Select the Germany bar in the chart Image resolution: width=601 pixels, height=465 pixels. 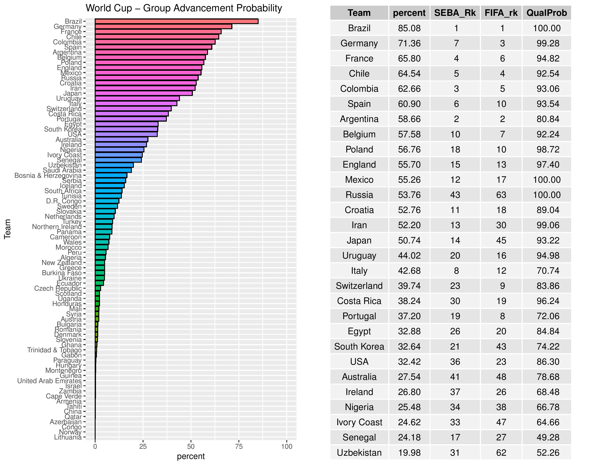(164, 26)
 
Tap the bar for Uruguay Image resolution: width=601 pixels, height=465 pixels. (137, 98)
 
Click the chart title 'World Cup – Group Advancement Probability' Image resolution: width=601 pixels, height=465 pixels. (184, 8)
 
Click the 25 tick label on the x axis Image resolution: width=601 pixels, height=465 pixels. (143, 447)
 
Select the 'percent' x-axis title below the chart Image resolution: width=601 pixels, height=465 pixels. (191, 456)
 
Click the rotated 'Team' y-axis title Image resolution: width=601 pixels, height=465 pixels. (7, 229)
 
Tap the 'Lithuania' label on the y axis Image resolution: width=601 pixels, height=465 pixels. (68, 437)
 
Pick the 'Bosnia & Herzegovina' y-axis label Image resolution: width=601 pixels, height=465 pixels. (48, 175)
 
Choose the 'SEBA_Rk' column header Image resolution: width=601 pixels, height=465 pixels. (455, 13)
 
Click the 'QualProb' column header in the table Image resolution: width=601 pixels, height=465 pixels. (547, 13)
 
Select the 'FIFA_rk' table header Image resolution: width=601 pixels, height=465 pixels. (501, 13)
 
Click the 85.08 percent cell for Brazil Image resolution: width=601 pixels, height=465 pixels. (409, 28)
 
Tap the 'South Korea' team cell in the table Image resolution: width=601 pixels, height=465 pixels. (359, 346)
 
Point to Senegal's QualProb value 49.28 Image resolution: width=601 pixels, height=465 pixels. (548, 437)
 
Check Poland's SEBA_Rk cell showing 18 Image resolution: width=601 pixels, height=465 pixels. (455, 149)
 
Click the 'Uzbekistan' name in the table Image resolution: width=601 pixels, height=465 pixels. (359, 453)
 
